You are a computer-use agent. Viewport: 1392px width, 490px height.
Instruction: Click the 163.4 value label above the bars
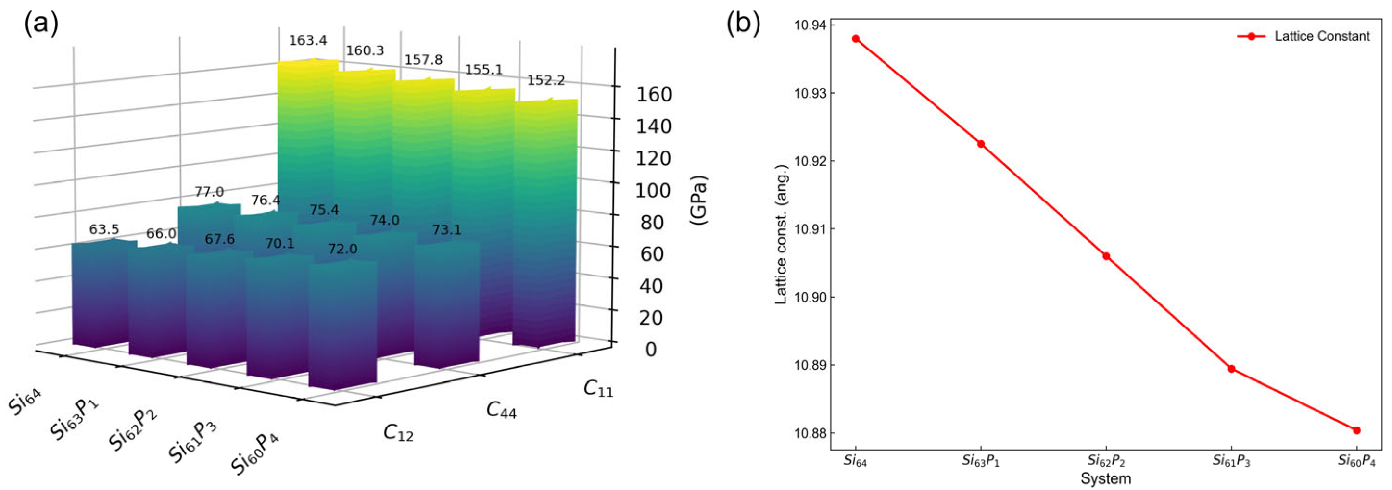pos(307,40)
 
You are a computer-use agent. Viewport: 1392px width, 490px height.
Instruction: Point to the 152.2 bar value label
pos(546,80)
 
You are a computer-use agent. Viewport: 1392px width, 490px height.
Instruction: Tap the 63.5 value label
pos(104,229)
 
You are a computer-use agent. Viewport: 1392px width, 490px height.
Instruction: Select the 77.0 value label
pos(209,192)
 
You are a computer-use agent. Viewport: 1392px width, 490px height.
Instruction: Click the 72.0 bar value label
pos(342,249)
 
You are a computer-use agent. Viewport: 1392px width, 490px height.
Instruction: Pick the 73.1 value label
pos(446,230)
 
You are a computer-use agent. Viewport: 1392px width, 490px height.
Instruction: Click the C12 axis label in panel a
pos(398,433)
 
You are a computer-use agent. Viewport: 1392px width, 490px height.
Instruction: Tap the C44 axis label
pos(501,410)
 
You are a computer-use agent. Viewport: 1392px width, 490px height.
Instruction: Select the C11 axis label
pos(598,389)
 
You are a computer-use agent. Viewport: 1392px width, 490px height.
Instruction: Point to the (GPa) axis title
pos(698,200)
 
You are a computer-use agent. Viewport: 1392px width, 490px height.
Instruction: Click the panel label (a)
pos(41,25)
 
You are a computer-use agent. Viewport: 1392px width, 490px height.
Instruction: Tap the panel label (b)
pos(743,25)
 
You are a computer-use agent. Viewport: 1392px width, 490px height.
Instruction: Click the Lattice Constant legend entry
pos(1321,36)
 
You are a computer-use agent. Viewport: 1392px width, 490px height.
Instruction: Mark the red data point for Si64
pos(855,39)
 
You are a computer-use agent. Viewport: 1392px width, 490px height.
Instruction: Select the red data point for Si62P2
pos(1106,256)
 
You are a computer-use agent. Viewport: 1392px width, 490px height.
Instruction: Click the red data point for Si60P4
pos(1356,430)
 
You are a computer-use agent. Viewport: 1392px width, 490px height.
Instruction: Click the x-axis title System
pos(1106,478)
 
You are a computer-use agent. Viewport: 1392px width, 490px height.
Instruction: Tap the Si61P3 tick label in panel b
pos(1231,461)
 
